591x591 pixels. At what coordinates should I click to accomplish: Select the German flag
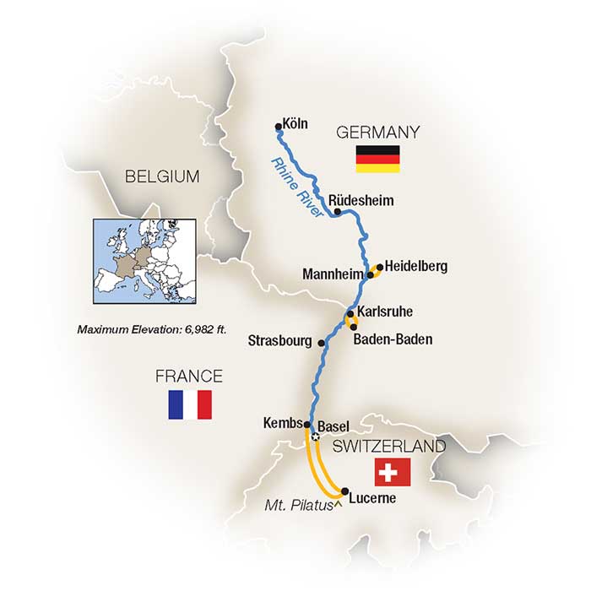377,158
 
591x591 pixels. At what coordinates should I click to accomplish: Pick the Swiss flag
392,472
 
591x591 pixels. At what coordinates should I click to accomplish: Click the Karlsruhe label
385,312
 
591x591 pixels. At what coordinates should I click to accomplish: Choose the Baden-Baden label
393,339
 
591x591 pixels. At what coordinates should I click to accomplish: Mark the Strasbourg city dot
322,342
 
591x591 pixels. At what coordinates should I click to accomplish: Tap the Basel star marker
315,437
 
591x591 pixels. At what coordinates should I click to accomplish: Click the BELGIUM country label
161,176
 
